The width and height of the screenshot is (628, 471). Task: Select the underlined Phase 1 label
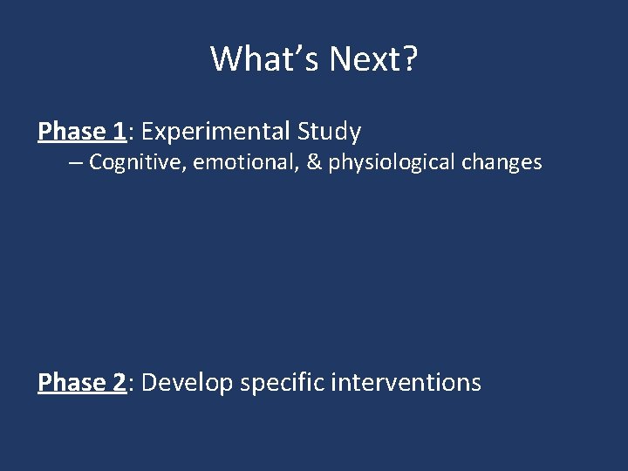point(82,132)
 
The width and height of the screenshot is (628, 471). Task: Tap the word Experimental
point(215,132)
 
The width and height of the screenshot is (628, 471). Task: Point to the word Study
point(329,133)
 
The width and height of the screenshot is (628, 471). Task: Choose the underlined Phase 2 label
point(82,382)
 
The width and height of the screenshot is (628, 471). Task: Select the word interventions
point(406,382)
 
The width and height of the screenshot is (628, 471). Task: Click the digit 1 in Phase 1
point(119,132)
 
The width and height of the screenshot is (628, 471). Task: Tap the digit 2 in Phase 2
point(119,382)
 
